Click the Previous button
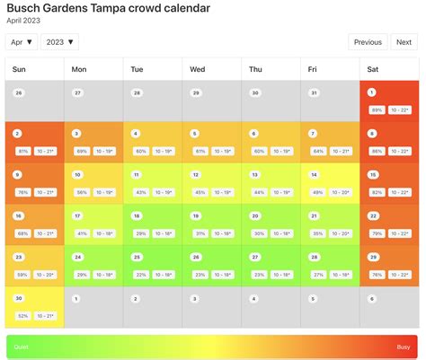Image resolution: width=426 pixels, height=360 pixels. (368, 41)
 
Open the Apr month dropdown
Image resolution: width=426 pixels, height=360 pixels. (22, 41)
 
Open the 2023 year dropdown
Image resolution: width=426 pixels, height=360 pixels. (59, 41)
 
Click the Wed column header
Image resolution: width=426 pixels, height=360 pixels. (198, 69)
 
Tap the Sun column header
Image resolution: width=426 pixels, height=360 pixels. (20, 69)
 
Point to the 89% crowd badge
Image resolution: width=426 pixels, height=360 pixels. (377, 109)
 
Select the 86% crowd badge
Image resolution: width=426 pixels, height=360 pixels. (377, 151)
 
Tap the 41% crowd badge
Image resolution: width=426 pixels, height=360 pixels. (82, 233)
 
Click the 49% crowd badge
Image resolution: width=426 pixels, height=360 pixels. (317, 192)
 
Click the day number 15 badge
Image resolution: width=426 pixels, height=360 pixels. (372, 174)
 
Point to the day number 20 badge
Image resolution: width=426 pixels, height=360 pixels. (254, 215)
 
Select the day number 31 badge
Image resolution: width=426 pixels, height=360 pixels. (314, 92)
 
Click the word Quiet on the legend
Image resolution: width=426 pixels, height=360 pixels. (19, 347)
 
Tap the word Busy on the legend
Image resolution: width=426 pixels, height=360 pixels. (404, 347)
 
